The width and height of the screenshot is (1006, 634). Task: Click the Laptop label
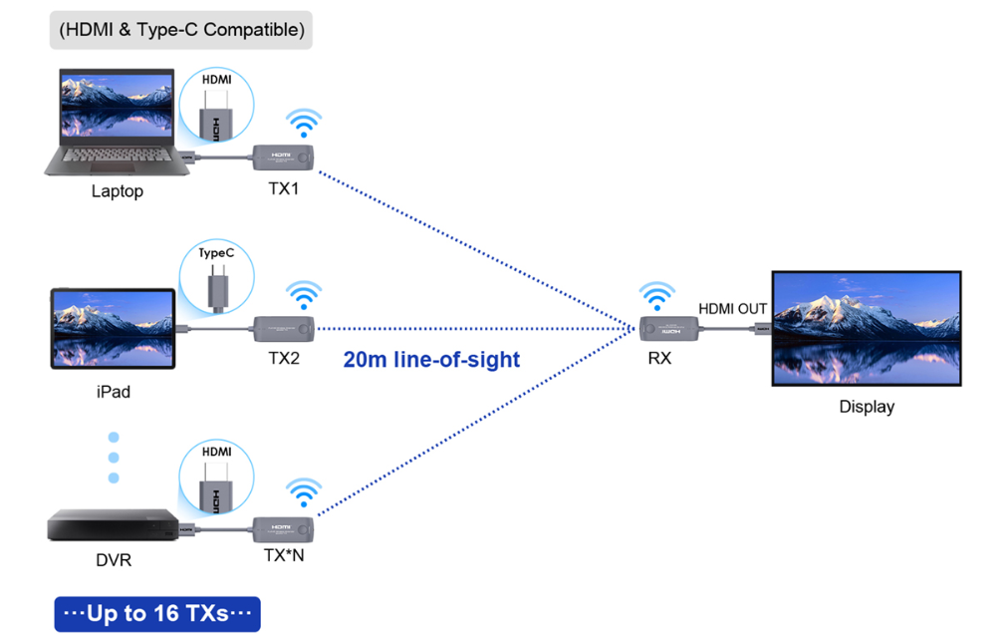click(117, 191)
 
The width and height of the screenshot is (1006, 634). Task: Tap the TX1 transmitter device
click(284, 157)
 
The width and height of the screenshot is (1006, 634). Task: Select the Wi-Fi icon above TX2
click(305, 295)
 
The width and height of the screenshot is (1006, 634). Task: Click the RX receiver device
click(668, 327)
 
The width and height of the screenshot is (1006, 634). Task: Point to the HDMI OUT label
click(732, 309)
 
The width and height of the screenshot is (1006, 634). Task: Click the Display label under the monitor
click(867, 407)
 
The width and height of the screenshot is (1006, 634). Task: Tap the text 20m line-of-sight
click(431, 360)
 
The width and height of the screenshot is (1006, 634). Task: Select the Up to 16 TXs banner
click(156, 613)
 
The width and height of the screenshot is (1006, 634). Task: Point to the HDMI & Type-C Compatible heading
click(181, 30)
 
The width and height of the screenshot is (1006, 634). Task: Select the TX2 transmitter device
click(284, 327)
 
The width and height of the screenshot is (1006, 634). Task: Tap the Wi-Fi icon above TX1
click(305, 125)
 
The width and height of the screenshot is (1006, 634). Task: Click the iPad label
click(114, 392)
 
